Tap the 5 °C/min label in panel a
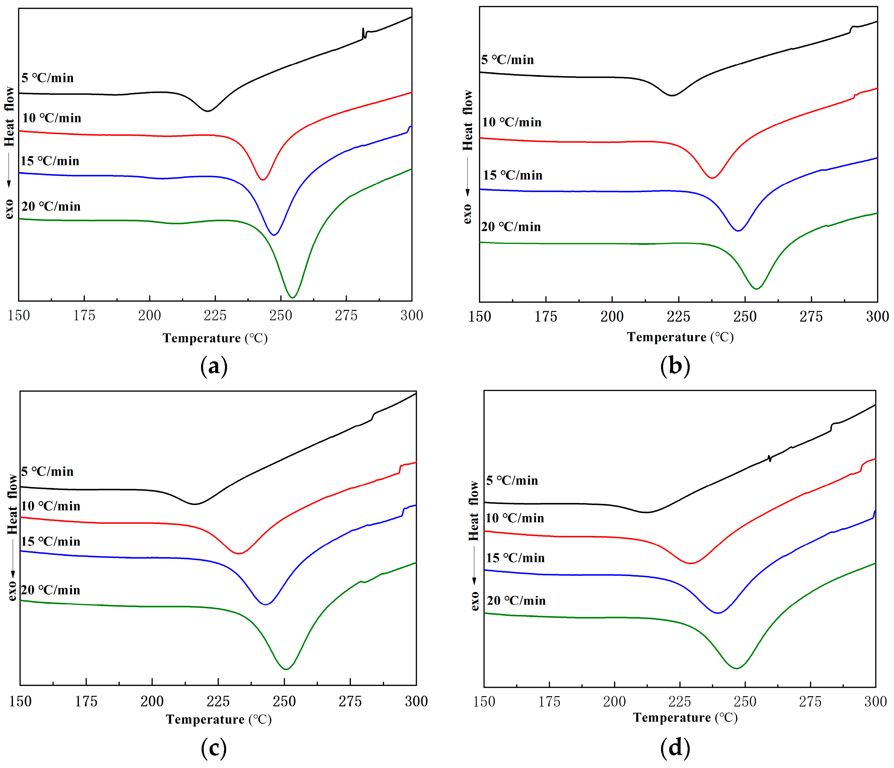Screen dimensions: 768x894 [48, 78]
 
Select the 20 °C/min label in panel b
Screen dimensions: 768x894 [511, 227]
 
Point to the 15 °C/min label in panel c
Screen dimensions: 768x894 [51, 542]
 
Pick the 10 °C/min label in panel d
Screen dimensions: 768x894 [515, 518]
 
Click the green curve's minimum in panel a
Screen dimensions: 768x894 [293, 297]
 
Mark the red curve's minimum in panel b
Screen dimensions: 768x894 [712, 178]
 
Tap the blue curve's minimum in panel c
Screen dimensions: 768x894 [265, 604]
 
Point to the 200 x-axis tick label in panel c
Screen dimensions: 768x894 [152, 702]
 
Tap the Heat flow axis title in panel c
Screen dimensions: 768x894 [12, 505]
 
